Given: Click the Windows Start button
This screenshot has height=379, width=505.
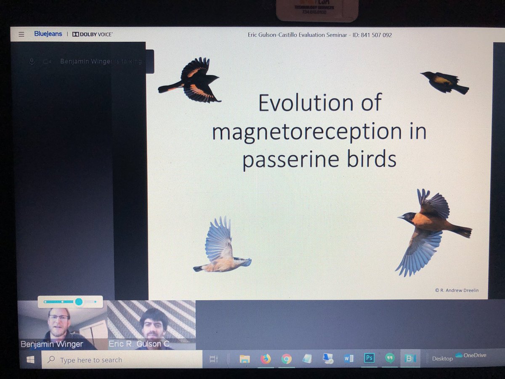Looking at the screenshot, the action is point(30,360).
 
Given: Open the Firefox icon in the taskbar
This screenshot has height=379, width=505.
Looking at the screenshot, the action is point(266,359).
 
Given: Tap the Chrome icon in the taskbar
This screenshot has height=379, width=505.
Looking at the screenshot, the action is point(287,359).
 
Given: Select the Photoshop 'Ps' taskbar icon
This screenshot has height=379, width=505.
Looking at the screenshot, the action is point(369,358).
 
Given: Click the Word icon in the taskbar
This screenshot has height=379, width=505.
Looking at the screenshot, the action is point(348,358).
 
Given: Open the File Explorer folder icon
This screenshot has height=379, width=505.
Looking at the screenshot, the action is point(245,359).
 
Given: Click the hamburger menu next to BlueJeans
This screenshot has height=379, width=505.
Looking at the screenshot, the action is point(21,35).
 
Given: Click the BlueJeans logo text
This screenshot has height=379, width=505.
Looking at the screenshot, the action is point(48,34).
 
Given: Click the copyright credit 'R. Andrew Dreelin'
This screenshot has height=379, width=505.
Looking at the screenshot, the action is point(459,290).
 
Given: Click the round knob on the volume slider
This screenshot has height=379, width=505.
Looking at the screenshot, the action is point(79,302).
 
